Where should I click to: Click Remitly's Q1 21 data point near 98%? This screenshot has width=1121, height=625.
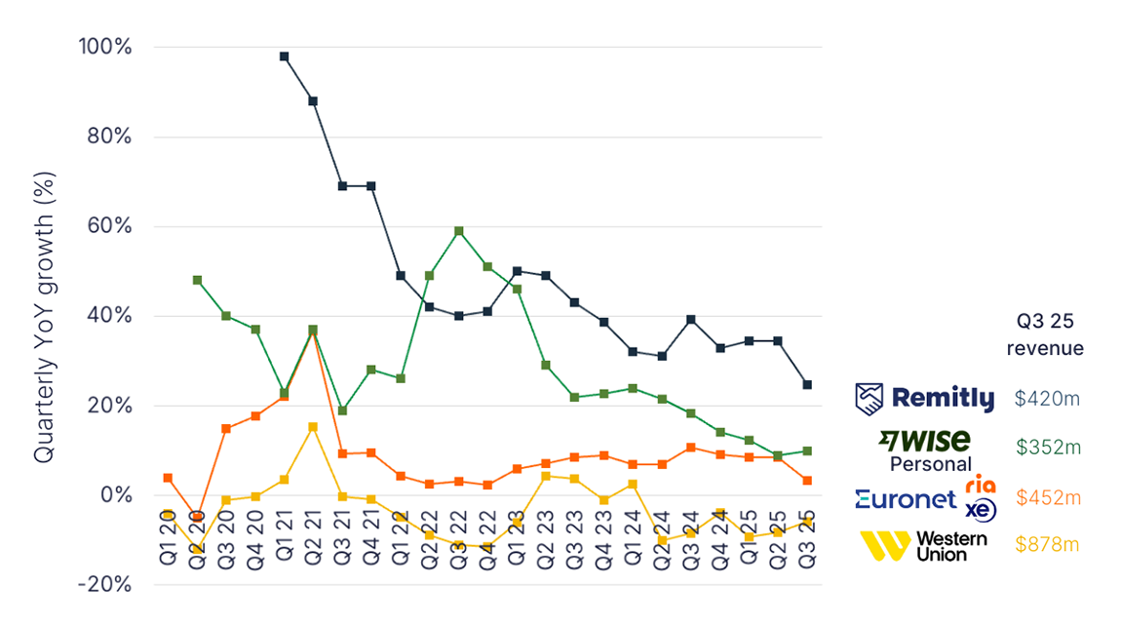click(284, 57)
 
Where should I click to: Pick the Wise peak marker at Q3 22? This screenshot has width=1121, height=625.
click(458, 231)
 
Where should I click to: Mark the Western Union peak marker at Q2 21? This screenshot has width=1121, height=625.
click(313, 427)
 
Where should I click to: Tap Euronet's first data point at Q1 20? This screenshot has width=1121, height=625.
click(168, 478)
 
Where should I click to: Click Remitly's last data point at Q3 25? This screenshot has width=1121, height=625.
click(807, 385)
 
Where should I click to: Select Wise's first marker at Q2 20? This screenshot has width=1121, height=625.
click(197, 280)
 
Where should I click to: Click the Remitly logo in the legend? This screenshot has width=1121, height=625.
click(925, 398)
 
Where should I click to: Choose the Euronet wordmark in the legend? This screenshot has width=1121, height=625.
click(906, 499)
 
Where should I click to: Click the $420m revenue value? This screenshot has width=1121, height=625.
click(1047, 398)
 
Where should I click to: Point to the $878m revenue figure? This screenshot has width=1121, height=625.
click(1047, 544)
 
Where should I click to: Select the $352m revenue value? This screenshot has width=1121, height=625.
click(1047, 447)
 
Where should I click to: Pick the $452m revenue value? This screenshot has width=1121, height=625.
click(1047, 497)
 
